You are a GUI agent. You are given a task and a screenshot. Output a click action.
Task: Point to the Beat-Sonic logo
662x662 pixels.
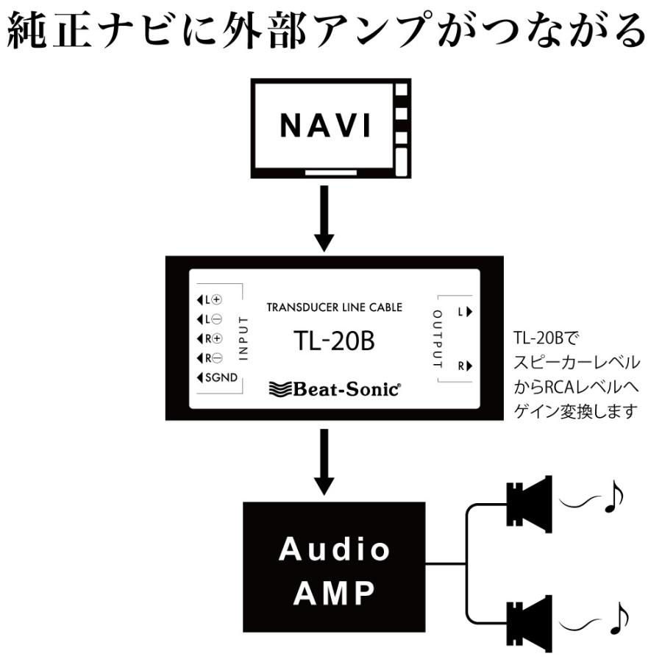335,389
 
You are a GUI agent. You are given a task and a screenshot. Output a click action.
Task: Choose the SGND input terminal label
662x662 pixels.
218,379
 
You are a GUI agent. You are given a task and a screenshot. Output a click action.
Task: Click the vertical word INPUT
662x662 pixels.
245,339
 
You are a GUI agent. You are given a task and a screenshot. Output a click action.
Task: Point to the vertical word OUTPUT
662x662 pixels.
437,339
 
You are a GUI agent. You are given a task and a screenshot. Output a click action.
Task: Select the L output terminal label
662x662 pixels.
463,312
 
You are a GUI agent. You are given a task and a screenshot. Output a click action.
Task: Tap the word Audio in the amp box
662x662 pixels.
334,549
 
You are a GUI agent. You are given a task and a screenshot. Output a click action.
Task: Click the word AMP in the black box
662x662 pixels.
334,592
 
